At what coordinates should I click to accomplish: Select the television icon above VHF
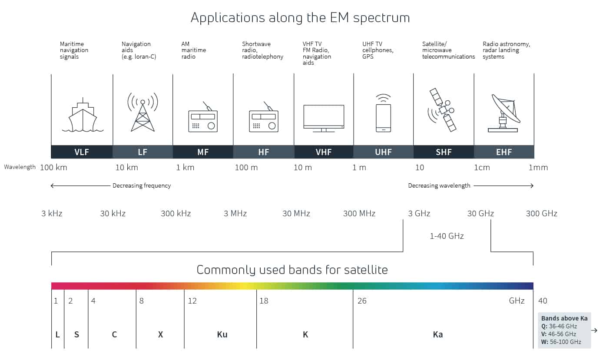[324, 118]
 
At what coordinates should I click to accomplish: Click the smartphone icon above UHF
[383, 115]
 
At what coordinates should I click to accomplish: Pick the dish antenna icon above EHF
[504, 113]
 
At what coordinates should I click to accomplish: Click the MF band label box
[203, 152]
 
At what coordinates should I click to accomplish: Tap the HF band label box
[263, 152]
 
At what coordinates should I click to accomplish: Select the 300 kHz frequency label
[176, 213]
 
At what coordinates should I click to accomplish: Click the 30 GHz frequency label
[480, 213]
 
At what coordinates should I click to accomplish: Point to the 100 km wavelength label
[53, 168]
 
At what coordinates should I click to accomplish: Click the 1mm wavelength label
[538, 168]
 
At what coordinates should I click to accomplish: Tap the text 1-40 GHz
[446, 236]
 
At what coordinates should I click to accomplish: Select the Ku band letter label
[222, 334]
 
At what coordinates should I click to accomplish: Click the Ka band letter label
[438, 334]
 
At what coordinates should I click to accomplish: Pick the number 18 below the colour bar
[264, 301]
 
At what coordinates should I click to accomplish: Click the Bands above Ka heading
[564, 318]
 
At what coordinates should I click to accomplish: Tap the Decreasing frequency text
[142, 185]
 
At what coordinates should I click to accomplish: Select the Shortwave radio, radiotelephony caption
[262, 50]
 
